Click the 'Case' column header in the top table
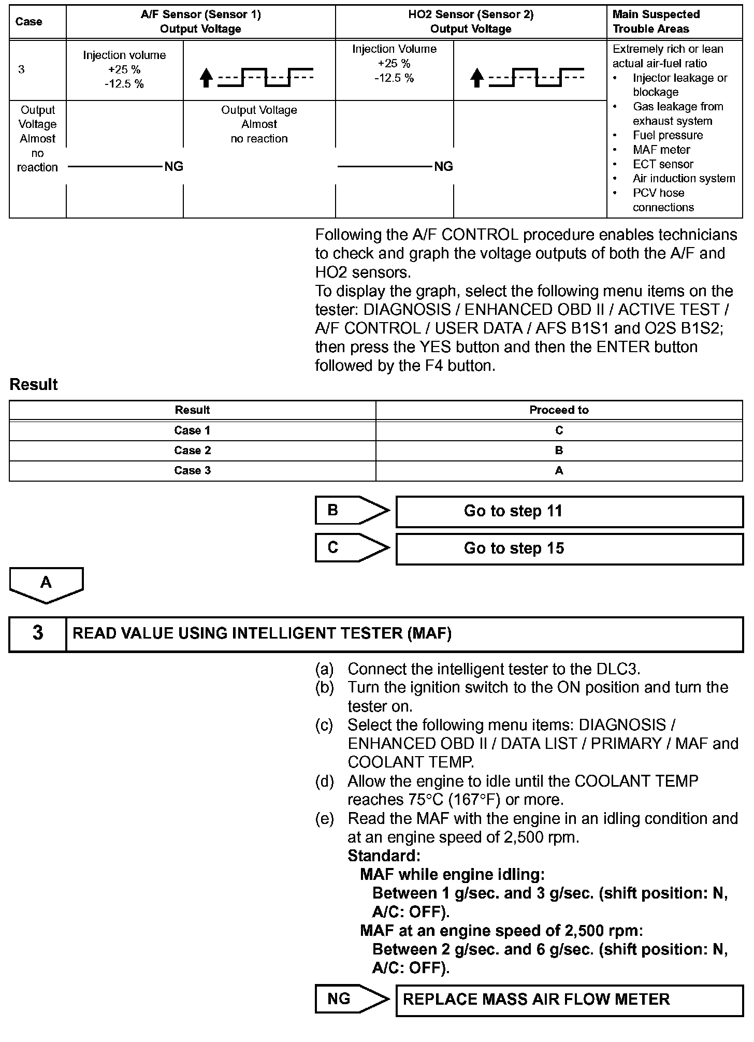click(29, 22)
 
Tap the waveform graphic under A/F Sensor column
click(257, 78)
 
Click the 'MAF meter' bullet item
click(661, 150)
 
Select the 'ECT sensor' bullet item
click(663, 164)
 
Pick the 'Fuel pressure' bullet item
click(668, 135)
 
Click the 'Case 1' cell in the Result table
click(192, 430)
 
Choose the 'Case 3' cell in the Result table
click(192, 470)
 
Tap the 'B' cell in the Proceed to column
click(559, 451)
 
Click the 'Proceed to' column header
click(559, 410)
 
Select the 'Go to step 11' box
click(569, 511)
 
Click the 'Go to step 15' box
click(569, 548)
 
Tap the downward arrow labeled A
click(46, 585)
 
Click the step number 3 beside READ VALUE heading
click(38, 633)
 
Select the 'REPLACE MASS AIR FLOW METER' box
click(569, 1000)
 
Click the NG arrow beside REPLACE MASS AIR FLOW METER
click(351, 999)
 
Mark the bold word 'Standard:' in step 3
click(384, 855)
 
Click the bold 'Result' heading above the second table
click(34, 385)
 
